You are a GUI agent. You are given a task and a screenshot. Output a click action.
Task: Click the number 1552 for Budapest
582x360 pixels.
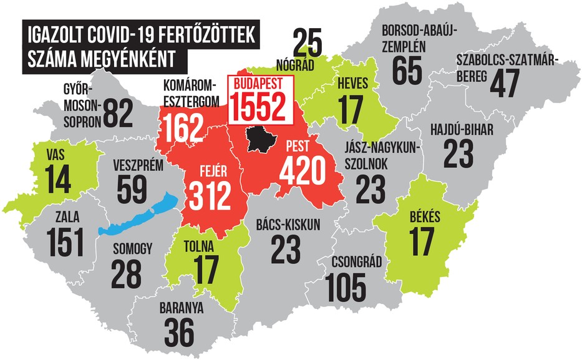coord(259,107)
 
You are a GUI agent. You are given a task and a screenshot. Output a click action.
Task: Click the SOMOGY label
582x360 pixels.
coord(132,250)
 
